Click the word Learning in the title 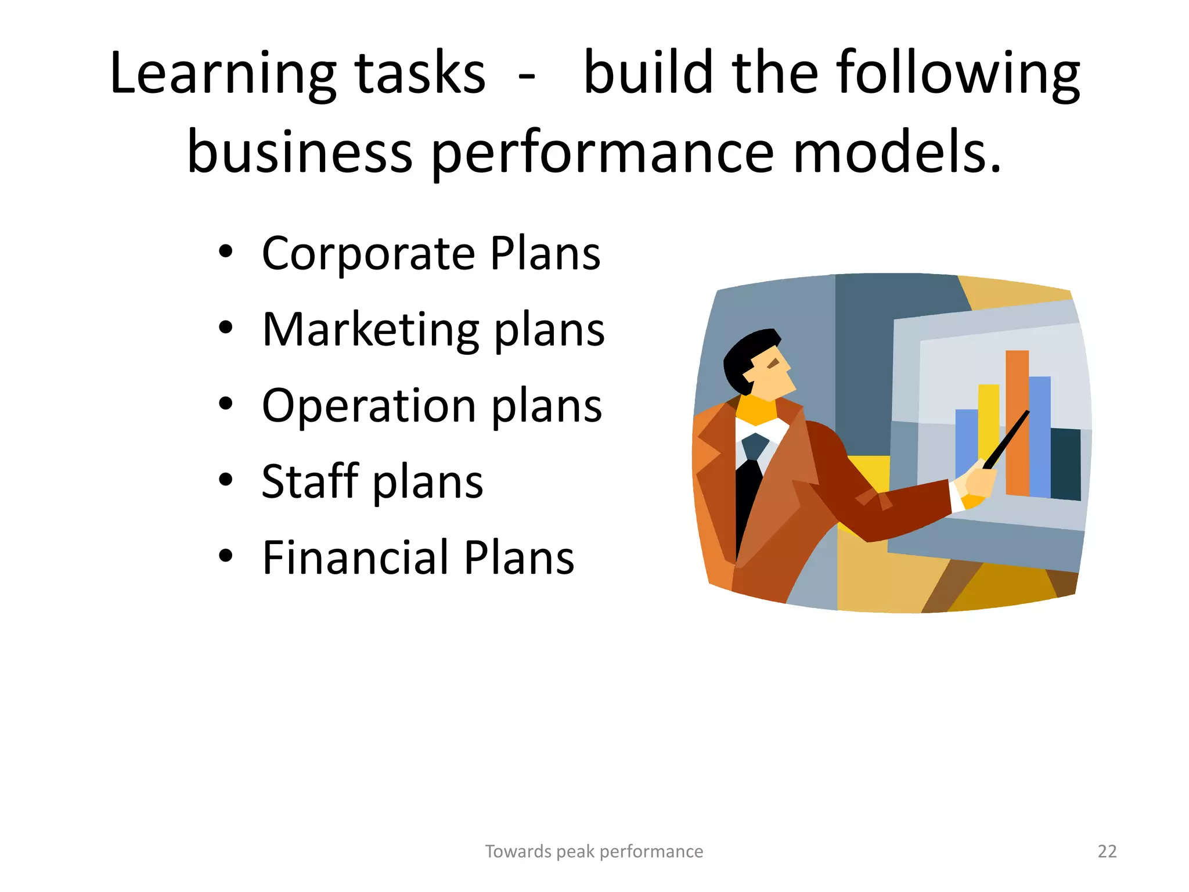coord(222,74)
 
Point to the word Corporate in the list coord(369,254)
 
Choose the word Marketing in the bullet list coord(370,330)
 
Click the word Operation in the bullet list coord(369,406)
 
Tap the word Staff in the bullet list coord(310,481)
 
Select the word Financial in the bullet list coord(355,557)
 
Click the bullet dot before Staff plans coord(226,480)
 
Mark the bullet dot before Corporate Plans coord(226,251)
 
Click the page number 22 coord(1107,851)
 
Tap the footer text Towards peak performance coord(594,851)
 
